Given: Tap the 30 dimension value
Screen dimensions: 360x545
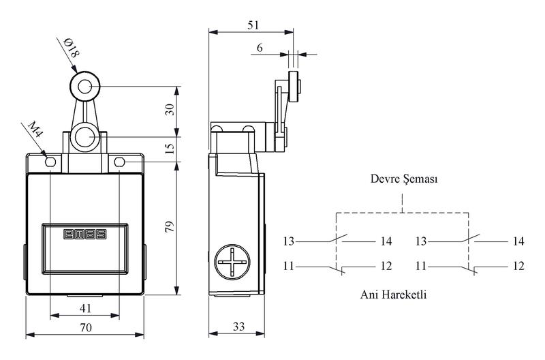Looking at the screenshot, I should tap(170, 110).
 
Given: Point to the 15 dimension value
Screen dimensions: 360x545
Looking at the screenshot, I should tap(170, 146).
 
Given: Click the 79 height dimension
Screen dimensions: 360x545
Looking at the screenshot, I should tap(170, 228).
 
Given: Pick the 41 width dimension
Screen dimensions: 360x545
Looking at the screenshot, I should tap(85, 308).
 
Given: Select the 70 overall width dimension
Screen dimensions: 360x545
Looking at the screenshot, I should tap(85, 327).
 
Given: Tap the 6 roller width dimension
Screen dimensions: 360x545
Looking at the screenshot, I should tap(260, 47).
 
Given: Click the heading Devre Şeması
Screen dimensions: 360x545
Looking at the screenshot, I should tap(403, 181).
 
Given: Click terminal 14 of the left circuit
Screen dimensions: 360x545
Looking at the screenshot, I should tap(386, 241).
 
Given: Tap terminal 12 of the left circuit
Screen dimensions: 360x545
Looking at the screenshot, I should tap(386, 265).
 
